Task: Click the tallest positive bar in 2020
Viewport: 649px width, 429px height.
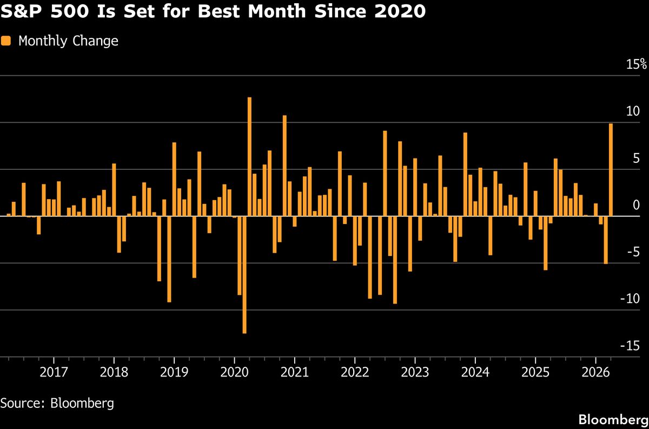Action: [249, 157]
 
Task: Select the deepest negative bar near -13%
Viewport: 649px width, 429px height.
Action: [244, 274]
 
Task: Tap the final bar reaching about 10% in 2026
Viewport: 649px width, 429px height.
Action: [611, 170]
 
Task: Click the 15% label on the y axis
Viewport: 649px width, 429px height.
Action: [636, 65]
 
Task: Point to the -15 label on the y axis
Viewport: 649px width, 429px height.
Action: [633, 346]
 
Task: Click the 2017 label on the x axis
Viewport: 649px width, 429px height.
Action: [54, 373]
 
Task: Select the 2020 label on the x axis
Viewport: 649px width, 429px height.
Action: [234, 373]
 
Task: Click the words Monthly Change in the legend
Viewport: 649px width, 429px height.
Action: [68, 41]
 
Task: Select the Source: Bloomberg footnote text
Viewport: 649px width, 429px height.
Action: [57, 403]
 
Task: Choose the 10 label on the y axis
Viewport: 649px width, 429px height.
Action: [633, 112]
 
